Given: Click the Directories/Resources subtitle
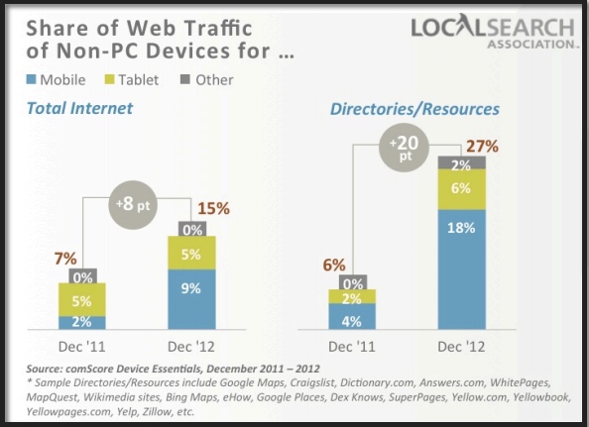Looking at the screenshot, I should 413,109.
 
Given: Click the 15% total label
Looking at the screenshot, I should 214,209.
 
